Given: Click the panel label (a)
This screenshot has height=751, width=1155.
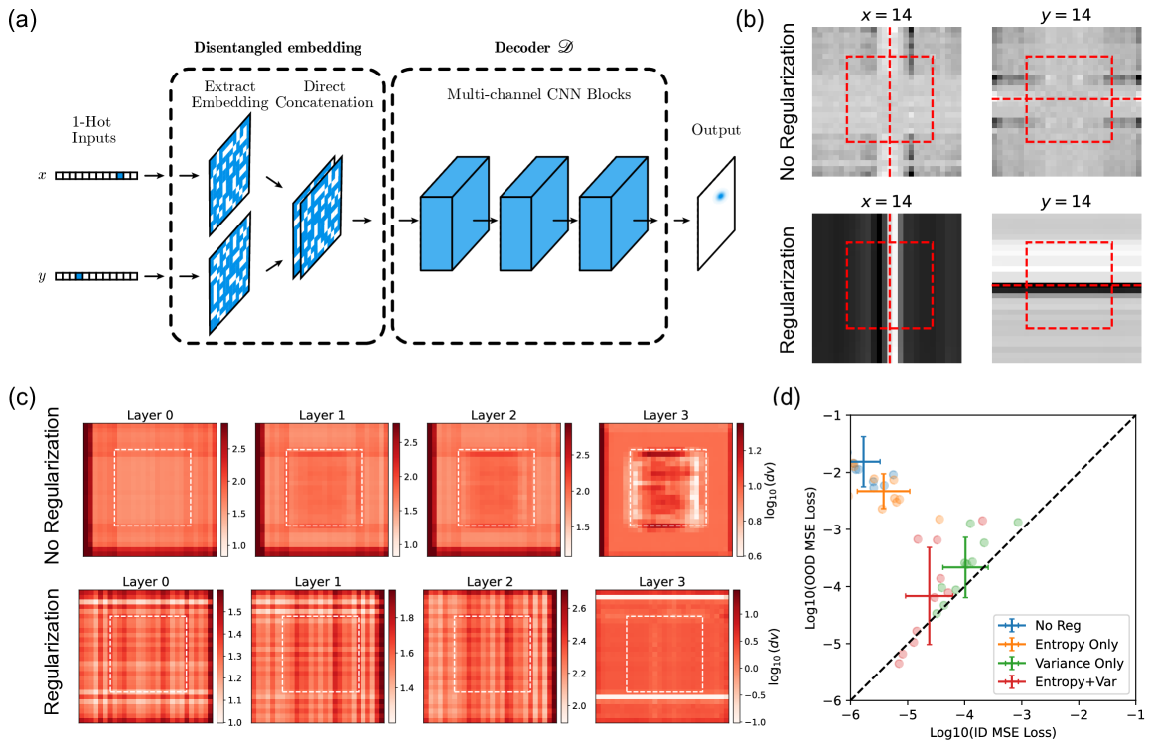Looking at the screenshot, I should [22, 20].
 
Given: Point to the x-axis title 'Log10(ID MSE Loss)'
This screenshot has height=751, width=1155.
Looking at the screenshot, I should [992, 733].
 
